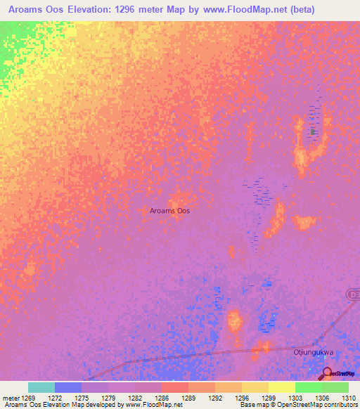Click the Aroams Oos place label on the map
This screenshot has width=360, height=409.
(169, 211)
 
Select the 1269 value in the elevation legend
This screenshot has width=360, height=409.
(28, 398)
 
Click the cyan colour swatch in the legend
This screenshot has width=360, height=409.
(41, 387)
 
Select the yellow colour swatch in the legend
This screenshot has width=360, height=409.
(281, 387)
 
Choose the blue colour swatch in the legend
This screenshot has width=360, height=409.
(68, 387)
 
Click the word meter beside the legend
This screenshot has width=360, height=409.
(10, 398)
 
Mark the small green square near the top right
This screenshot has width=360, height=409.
(313, 131)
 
